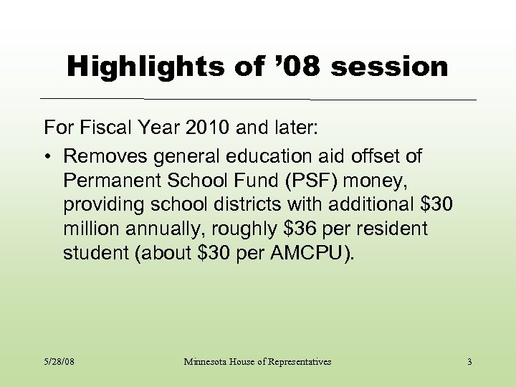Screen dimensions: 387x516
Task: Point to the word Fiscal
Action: point(104,129)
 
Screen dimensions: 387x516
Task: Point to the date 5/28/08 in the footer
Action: point(59,362)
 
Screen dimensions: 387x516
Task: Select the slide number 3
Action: point(469,362)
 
